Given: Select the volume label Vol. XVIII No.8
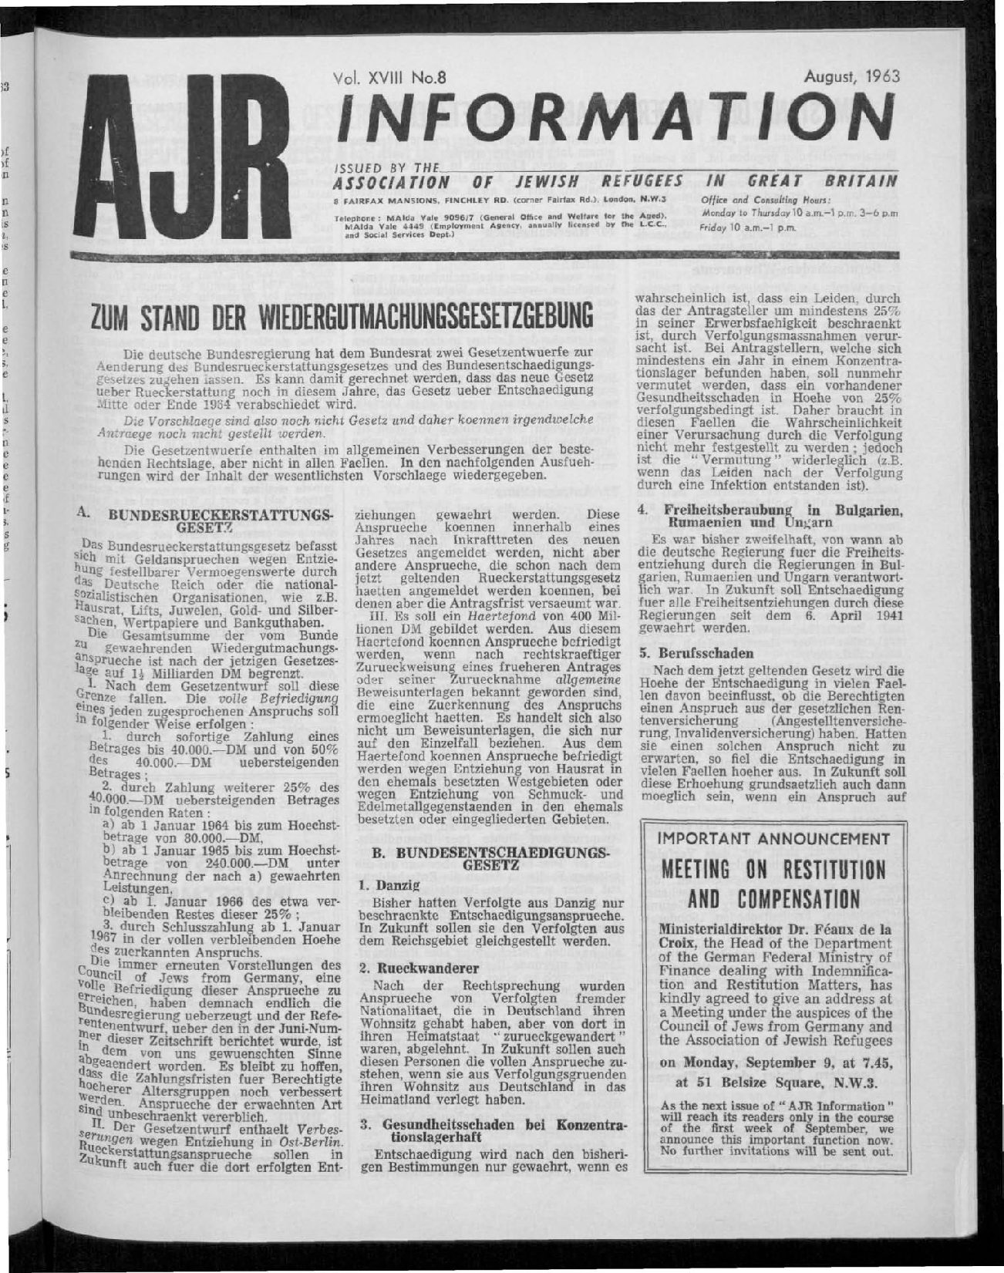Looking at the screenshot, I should pyautogui.click(x=393, y=77).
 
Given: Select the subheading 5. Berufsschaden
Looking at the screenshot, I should pyautogui.click(x=688, y=652).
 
